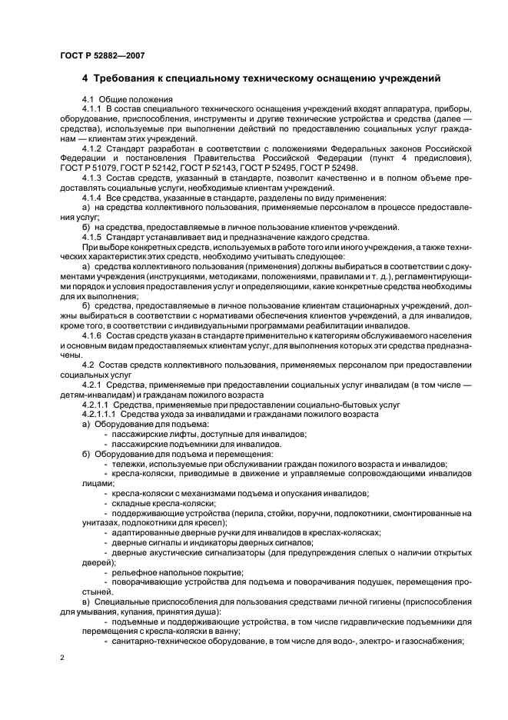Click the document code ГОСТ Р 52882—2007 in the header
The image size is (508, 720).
coord(100,55)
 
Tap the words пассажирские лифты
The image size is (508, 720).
coord(154,434)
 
